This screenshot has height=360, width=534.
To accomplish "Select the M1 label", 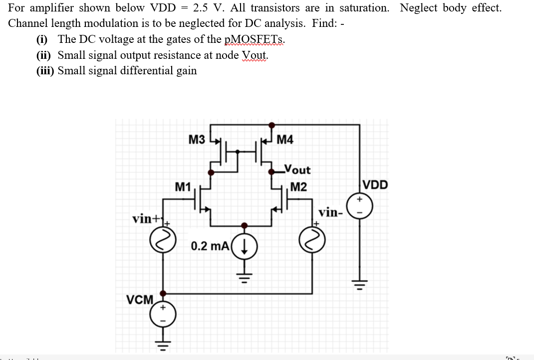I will tap(183, 187).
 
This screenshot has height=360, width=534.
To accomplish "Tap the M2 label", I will tap(298, 187).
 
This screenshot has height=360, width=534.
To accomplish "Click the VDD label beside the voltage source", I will tap(375, 185).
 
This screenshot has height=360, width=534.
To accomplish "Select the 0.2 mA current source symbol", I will tap(245, 246).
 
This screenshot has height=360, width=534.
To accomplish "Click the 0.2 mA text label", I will tap(210, 246).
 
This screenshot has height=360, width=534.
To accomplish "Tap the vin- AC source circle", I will tap(312, 241).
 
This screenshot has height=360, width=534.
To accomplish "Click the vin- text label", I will tap(331, 213).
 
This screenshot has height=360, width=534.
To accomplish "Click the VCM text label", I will tap(140, 300).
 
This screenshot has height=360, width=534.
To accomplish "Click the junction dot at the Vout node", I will tap(271, 172).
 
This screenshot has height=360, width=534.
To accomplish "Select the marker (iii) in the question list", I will tap(45, 71).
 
